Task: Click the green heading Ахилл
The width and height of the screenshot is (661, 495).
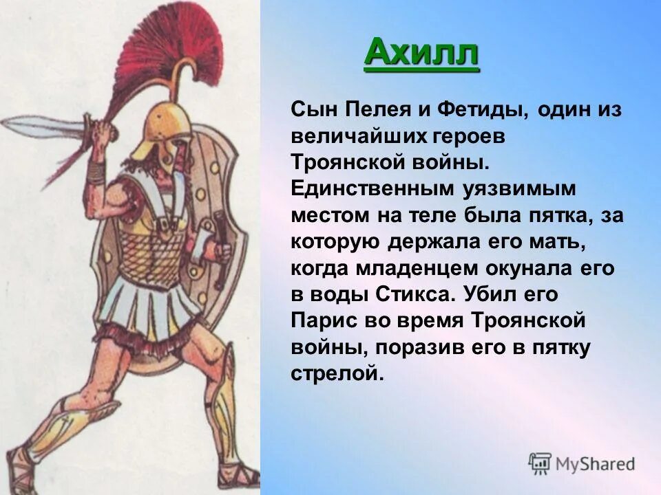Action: (x=421, y=52)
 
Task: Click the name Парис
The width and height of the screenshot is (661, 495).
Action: (x=322, y=320)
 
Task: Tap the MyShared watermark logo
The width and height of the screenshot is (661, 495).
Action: (x=581, y=463)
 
